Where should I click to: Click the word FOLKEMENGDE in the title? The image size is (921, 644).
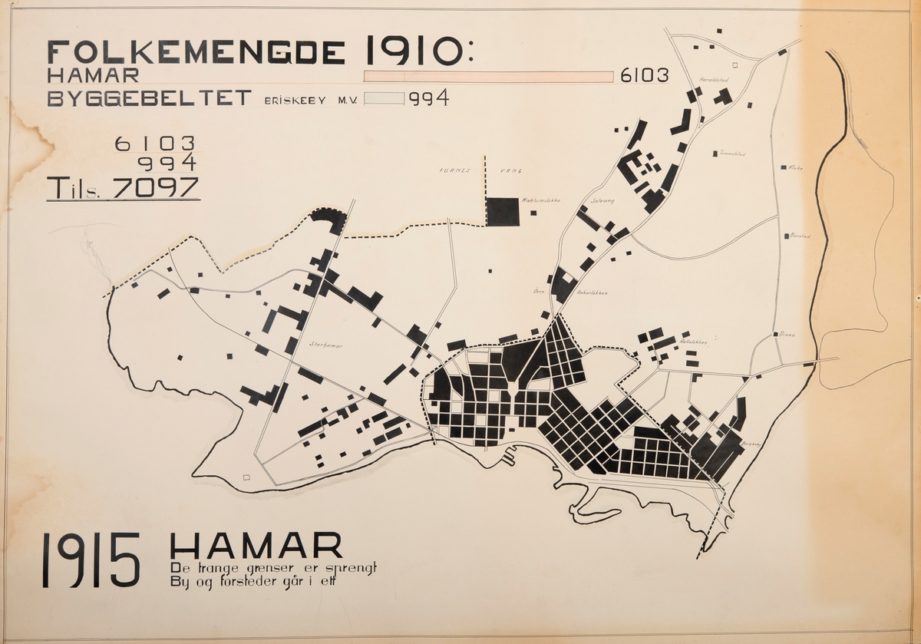(x=196, y=51)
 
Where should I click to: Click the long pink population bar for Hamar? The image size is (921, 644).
(x=488, y=77)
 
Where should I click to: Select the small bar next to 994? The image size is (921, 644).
(x=384, y=98)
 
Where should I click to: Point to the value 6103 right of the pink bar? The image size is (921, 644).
(x=644, y=76)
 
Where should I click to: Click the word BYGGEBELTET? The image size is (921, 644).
(x=150, y=98)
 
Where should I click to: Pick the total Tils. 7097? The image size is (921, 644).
(x=123, y=188)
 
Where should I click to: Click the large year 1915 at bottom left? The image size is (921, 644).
(x=91, y=560)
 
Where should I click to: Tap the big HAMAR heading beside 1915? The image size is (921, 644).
(x=256, y=546)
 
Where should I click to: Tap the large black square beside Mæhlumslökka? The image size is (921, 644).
(x=503, y=212)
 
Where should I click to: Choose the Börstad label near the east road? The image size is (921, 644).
(x=800, y=236)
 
